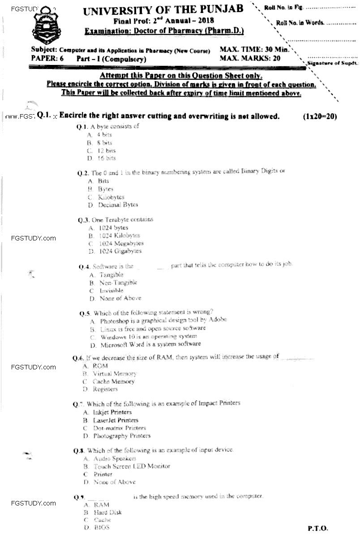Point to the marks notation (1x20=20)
(320, 116)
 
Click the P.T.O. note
(318, 528)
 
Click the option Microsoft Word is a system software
(145, 344)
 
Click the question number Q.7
(79, 404)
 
